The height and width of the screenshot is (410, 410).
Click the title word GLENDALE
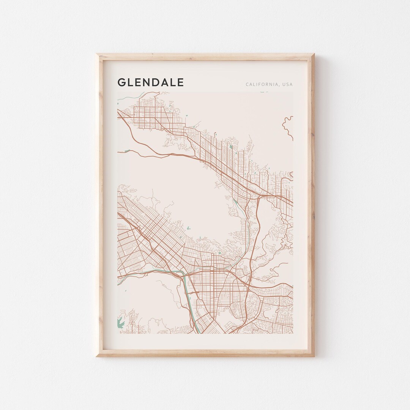151,82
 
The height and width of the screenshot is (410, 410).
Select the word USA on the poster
287,84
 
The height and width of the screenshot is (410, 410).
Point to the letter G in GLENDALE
121,82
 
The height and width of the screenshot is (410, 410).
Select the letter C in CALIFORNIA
247,84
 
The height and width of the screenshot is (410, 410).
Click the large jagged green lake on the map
121,322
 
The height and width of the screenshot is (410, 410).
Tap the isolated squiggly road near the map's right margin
288,126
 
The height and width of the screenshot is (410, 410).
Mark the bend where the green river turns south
184,274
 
